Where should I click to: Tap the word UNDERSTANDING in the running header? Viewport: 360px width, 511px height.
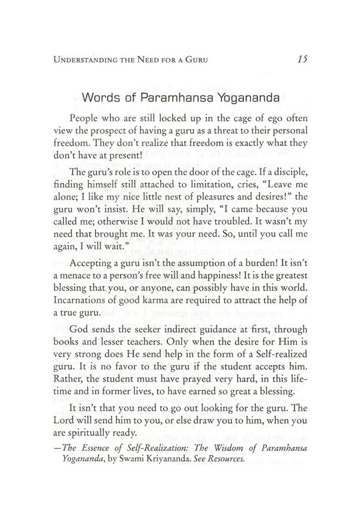click(x=81, y=59)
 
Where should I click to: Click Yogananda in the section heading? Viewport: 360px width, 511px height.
click(x=243, y=98)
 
